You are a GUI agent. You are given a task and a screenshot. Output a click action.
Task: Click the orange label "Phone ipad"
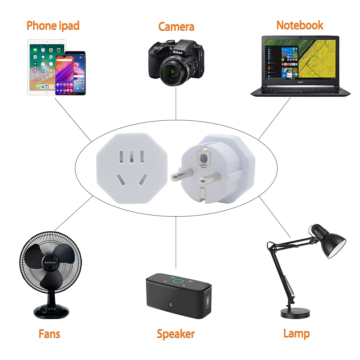pos(53,26)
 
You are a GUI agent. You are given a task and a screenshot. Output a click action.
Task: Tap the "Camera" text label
pos(176,27)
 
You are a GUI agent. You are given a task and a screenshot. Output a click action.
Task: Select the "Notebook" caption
pos(300,25)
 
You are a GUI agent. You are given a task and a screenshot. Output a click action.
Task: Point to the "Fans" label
pos(49,334)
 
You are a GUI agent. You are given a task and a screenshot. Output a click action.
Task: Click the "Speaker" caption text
pos(176,334)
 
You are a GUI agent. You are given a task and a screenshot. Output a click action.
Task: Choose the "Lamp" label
pos(296,333)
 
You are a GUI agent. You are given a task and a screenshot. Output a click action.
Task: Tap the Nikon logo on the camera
pos(177,52)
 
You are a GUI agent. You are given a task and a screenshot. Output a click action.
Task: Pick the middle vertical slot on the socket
pos(132,156)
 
